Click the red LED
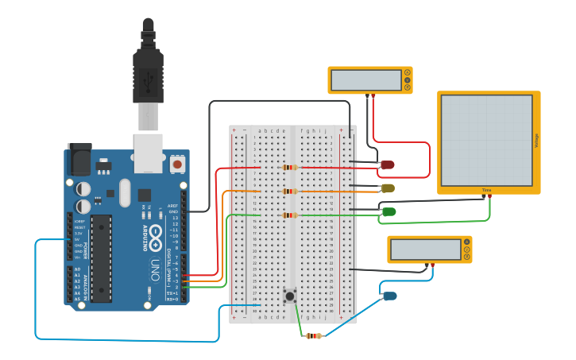point(388,165)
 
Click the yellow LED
point(388,188)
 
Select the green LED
point(389,211)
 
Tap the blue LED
point(389,296)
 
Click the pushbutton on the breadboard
point(290,296)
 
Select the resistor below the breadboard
point(315,335)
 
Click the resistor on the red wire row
point(290,168)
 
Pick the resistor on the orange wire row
point(290,192)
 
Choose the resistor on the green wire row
point(290,215)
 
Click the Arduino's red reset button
point(177,164)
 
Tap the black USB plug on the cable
point(148,75)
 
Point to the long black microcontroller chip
point(101,258)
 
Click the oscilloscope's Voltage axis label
point(537,141)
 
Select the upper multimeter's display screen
point(366,80)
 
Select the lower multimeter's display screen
point(426,250)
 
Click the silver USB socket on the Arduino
point(148,152)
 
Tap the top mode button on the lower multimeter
point(467,242)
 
